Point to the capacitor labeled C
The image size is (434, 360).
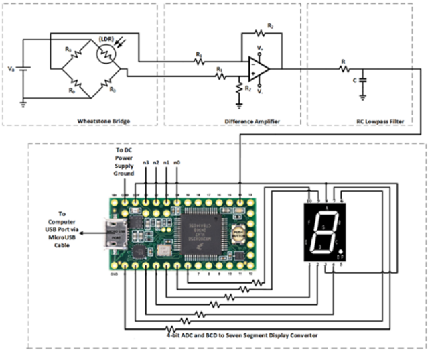pyautogui.click(x=362, y=79)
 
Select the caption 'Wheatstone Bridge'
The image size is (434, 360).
pyautogui.click(x=104, y=121)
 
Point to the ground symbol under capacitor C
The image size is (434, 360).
pyautogui.click(x=362, y=95)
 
